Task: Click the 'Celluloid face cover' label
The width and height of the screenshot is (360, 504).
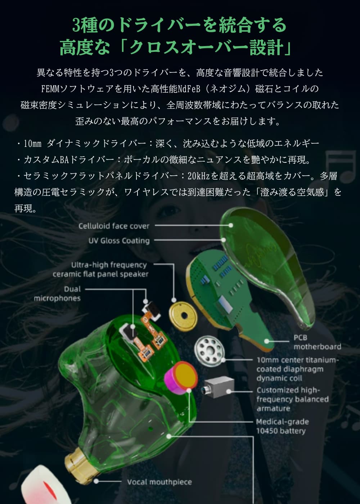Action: point(114,226)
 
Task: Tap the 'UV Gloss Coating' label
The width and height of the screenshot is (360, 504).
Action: point(119,240)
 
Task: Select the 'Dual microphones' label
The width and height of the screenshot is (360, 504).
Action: point(57,294)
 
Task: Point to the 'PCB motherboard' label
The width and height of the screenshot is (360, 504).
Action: point(317,342)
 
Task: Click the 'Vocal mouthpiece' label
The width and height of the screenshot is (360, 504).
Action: point(159,482)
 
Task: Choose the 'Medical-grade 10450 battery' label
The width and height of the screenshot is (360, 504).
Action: point(282,426)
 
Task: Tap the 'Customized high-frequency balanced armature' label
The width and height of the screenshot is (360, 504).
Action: point(292,399)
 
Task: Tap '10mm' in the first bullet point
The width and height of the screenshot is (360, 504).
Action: point(32,144)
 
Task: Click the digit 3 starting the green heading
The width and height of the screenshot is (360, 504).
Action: point(76,25)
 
